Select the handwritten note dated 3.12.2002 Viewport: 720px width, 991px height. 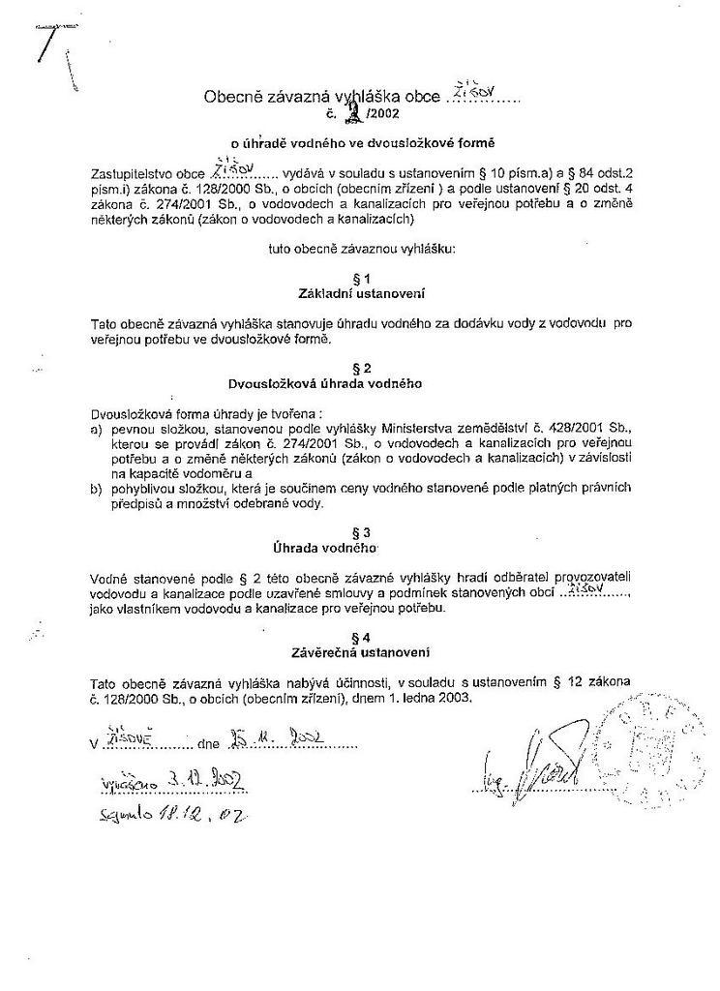170,781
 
